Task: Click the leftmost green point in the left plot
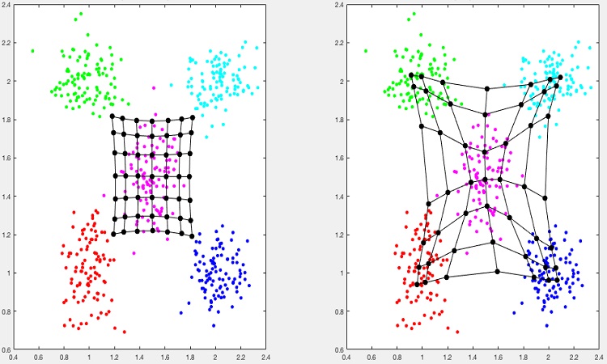32,51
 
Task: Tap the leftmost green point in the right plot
366,51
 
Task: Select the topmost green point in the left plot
79,14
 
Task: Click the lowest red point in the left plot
124,332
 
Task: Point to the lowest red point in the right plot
457,332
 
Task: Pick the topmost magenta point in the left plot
153,87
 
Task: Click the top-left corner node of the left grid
112,116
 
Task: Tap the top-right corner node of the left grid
193,117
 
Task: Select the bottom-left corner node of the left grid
114,235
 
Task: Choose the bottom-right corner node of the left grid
192,235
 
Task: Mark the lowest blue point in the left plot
213,326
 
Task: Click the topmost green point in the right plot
413,14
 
